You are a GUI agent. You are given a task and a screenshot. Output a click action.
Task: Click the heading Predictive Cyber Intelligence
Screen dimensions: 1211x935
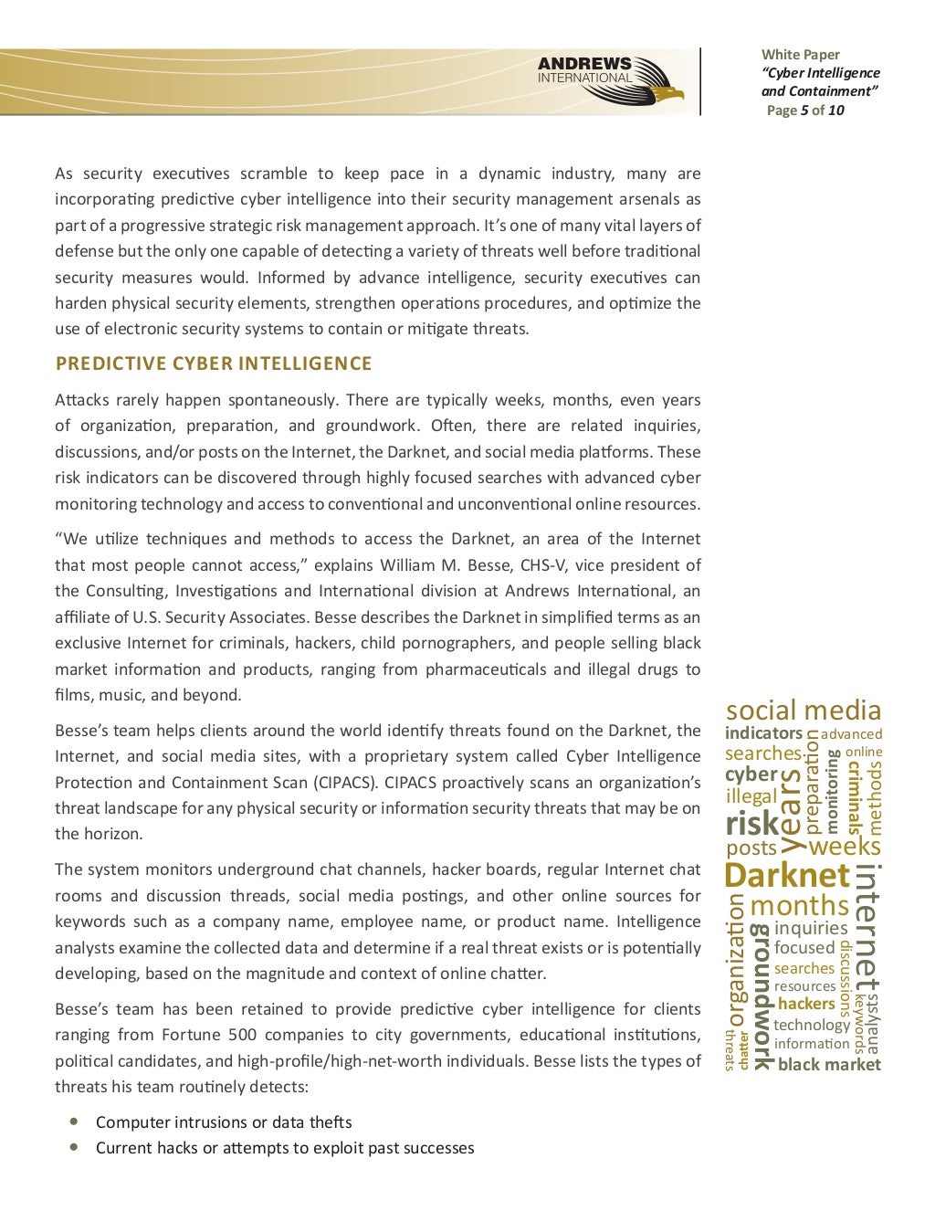pyautogui.click(x=214, y=363)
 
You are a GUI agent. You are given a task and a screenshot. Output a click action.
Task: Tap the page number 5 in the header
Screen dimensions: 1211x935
pyautogui.click(x=804, y=110)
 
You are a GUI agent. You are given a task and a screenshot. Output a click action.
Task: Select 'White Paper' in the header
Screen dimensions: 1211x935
pyautogui.click(x=801, y=55)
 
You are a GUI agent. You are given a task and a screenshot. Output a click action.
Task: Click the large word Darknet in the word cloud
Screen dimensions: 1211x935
pyautogui.click(x=786, y=875)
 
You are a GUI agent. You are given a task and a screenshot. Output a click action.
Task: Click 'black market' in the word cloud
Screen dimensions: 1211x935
pyautogui.click(x=829, y=1064)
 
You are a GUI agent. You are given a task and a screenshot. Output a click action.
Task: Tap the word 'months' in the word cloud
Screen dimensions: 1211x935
pyautogui.click(x=799, y=905)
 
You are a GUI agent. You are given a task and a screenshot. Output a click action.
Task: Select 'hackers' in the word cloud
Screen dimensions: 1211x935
pyautogui.click(x=805, y=1004)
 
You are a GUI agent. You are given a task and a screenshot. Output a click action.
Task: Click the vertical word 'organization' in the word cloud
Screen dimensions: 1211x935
pyautogui.click(x=736, y=959)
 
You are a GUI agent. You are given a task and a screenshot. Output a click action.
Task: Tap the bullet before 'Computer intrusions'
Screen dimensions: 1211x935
pyautogui.click(x=73, y=1121)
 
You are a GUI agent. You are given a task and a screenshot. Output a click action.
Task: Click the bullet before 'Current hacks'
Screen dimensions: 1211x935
pyautogui.click(x=73, y=1147)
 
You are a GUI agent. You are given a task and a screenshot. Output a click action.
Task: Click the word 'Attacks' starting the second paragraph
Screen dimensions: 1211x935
pyautogui.click(x=80, y=400)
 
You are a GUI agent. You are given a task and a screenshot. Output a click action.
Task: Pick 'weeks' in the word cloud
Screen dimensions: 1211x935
pyautogui.click(x=845, y=846)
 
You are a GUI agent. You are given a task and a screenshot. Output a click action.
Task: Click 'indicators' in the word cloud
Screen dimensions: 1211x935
pyautogui.click(x=763, y=732)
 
